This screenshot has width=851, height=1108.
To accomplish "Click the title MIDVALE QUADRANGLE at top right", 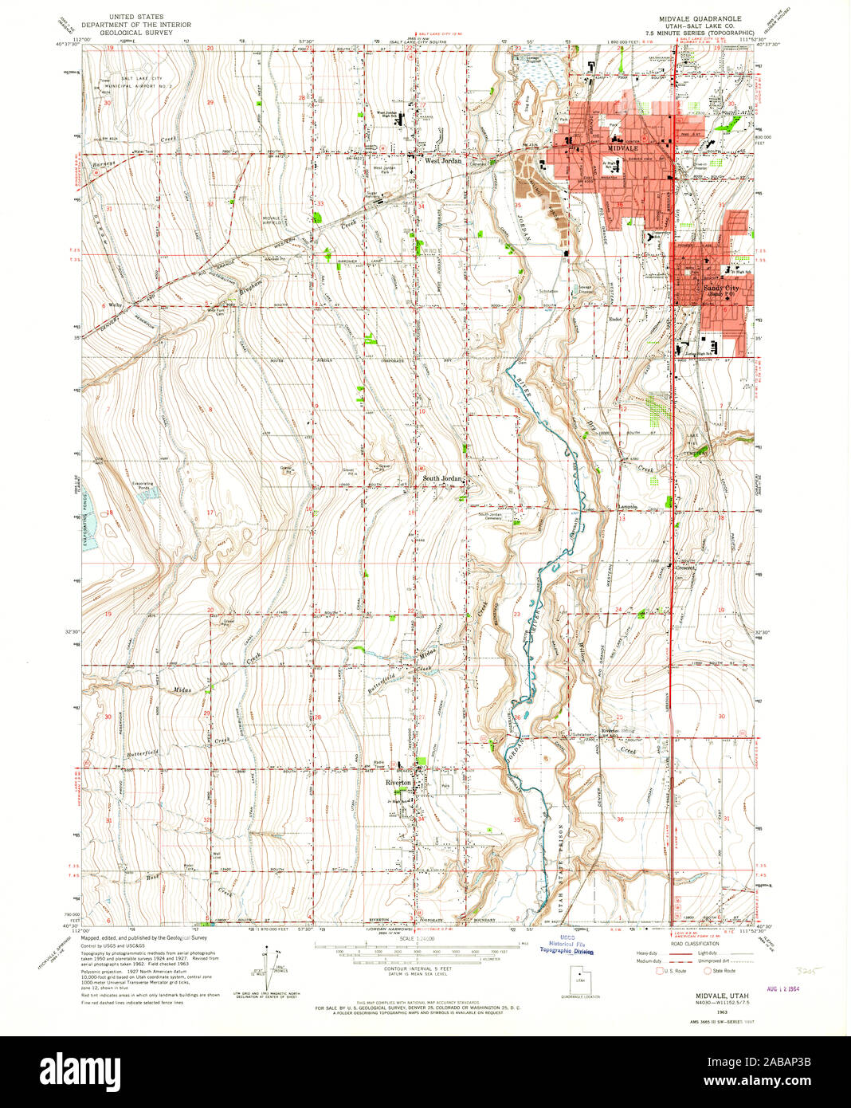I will tap(699, 18).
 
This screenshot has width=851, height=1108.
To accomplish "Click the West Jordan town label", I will tap(443, 160).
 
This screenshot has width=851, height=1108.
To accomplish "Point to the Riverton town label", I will tap(399, 783).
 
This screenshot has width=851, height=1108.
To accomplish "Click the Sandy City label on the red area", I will tap(720, 288).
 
